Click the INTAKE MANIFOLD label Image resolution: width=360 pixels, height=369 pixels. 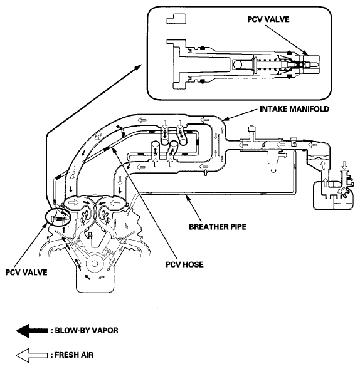click(x=294, y=109)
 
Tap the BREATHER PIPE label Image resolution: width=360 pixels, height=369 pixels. click(x=218, y=227)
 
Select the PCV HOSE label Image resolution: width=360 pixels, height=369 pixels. click(x=185, y=264)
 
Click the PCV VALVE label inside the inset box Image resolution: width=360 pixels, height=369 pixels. click(x=268, y=19)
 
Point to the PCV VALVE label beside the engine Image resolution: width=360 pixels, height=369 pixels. click(x=26, y=273)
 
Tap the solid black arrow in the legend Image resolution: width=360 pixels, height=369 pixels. click(x=32, y=331)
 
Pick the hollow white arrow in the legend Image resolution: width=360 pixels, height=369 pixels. click(x=32, y=355)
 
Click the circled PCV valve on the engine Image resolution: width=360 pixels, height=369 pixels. click(x=58, y=217)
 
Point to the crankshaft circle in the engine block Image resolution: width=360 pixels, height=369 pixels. click(x=95, y=264)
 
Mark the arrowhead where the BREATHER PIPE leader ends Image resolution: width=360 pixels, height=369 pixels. click(x=188, y=198)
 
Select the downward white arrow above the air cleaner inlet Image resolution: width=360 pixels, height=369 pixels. click(x=344, y=165)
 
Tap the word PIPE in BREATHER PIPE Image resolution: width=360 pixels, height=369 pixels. click(x=237, y=227)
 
